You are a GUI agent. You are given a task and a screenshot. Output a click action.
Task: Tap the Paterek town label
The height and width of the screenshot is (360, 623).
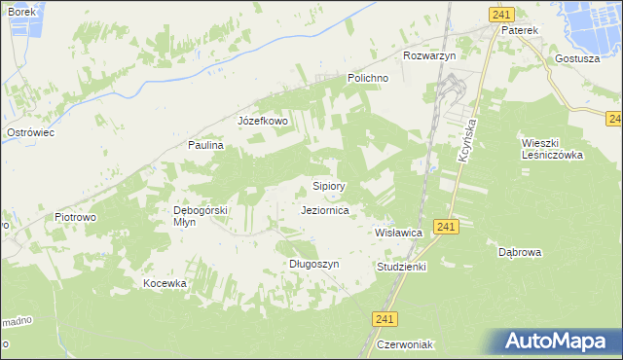pyautogui.click(x=519, y=30)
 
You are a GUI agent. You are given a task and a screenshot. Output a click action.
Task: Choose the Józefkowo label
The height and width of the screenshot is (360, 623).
pyautogui.click(x=263, y=122)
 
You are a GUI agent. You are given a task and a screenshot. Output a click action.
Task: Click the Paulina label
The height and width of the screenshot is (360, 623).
pyautogui.click(x=206, y=145)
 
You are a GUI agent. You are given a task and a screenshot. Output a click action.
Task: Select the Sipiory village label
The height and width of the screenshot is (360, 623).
pyautogui.click(x=329, y=185)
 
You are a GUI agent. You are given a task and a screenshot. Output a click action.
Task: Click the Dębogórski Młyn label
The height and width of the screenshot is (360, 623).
pyautogui.click(x=200, y=215)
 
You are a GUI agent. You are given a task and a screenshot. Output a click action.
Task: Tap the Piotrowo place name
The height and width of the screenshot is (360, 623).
pyautogui.click(x=75, y=217)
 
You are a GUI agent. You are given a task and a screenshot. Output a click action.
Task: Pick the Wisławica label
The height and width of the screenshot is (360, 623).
pyautogui.click(x=398, y=234)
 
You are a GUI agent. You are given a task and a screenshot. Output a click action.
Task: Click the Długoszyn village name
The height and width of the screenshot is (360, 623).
pyautogui.click(x=313, y=264)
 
